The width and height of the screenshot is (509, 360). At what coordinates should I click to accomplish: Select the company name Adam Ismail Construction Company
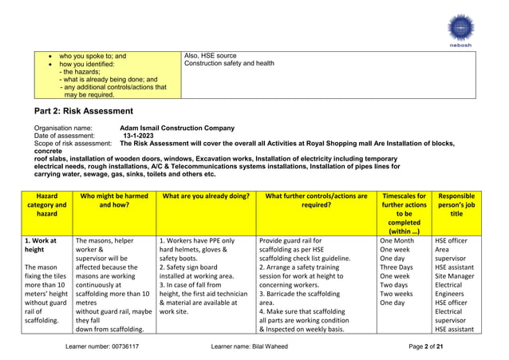pos(177,128)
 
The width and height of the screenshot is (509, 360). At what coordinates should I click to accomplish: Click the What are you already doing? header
pos(205,196)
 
